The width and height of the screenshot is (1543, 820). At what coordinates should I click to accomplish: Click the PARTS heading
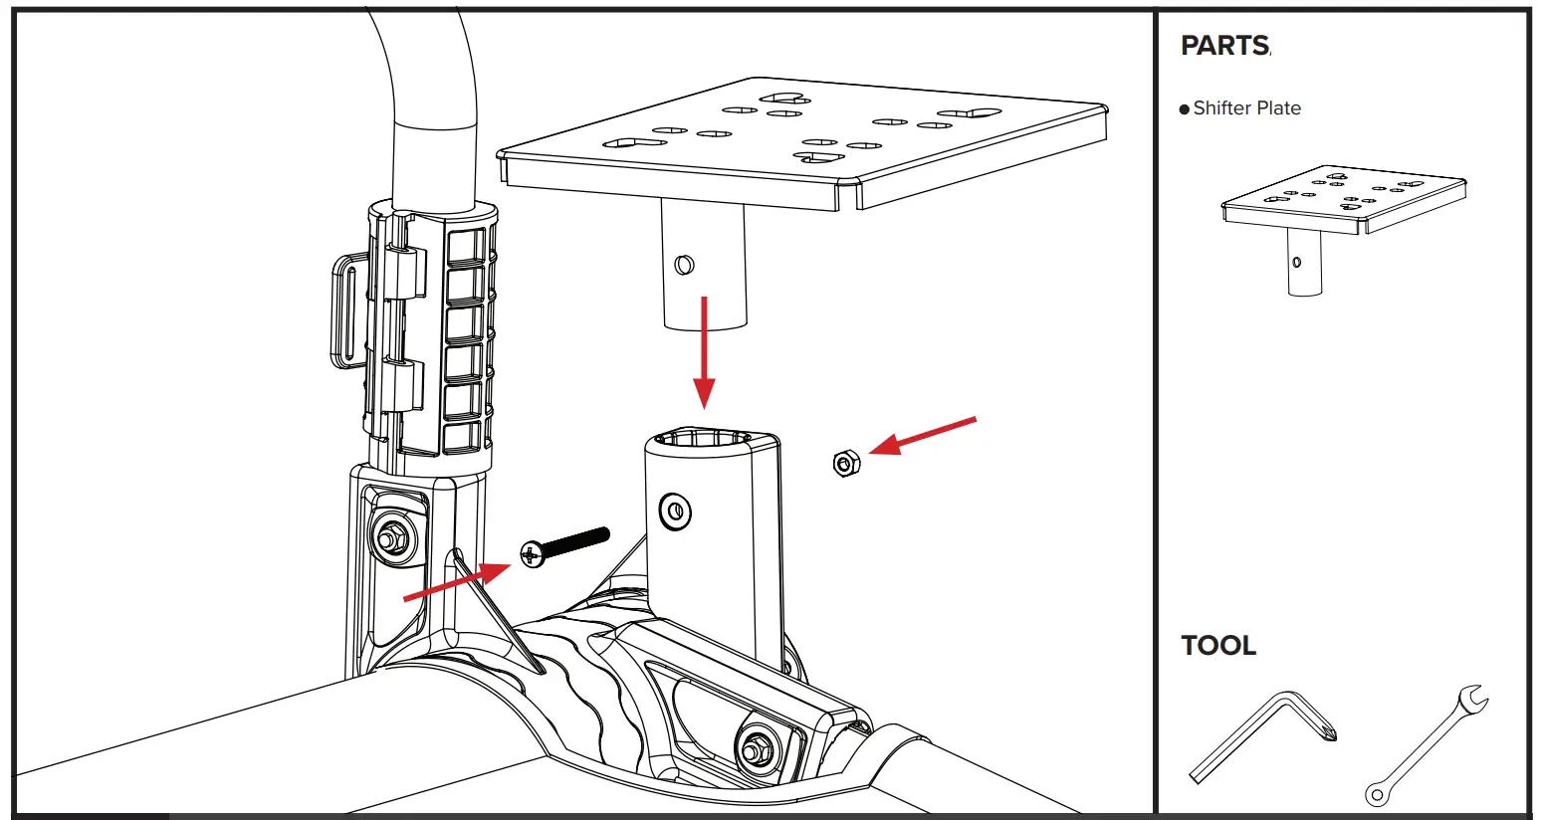(1224, 46)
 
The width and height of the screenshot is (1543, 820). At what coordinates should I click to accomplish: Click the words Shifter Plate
(1246, 108)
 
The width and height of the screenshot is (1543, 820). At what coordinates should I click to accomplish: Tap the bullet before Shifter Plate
(1185, 109)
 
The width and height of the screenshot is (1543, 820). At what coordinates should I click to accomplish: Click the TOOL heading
(1218, 646)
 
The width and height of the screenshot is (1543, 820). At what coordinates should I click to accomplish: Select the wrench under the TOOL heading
(1428, 743)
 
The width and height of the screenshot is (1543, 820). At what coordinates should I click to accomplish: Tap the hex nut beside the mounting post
(845, 463)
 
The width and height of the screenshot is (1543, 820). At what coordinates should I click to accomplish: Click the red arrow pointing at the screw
(458, 582)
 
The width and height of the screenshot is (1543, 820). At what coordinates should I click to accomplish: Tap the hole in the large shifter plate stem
(683, 265)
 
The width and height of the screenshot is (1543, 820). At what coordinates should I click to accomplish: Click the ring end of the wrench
(1377, 793)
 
